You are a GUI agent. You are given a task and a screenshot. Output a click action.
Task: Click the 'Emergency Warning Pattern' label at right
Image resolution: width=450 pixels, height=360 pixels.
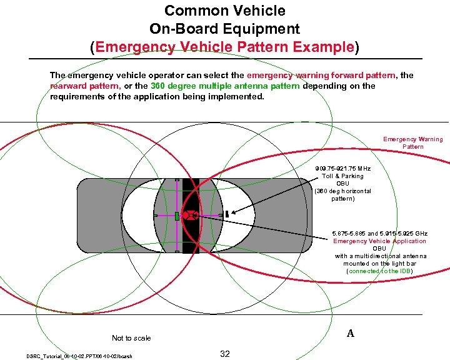[x=412, y=142]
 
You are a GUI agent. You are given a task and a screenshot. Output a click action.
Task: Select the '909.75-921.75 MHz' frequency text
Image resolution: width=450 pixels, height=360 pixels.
[x=342, y=169]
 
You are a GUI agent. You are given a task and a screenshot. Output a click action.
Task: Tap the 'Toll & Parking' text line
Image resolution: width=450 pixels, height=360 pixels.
[x=342, y=176]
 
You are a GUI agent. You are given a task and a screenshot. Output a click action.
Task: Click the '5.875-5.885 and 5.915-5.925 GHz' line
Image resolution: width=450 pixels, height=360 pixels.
[x=379, y=233]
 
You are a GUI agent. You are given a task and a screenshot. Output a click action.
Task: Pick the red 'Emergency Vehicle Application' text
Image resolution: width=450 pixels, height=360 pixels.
[x=379, y=241]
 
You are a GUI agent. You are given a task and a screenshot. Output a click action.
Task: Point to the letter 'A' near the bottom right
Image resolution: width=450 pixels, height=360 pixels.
[x=351, y=333]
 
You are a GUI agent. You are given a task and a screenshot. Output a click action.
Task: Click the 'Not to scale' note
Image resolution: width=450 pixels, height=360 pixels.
[x=131, y=338]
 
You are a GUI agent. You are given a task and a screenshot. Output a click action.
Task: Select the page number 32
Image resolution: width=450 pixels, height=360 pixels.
[x=225, y=354]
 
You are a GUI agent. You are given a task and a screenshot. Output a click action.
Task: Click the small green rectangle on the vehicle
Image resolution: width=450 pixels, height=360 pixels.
[x=177, y=216]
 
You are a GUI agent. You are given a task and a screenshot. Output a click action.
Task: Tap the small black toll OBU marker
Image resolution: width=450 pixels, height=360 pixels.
[x=227, y=213]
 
